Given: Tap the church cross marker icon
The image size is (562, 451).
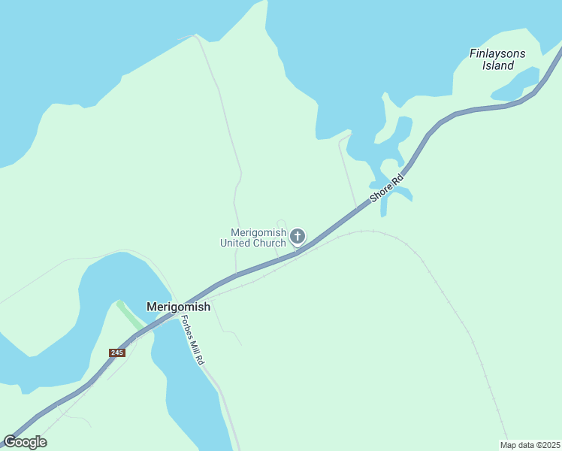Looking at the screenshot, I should click(x=298, y=237).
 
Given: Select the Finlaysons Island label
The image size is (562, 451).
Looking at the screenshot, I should click(x=497, y=59).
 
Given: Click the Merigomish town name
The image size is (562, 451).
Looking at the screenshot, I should click(x=178, y=307).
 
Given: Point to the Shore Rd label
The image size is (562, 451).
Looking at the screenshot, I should click(x=387, y=188).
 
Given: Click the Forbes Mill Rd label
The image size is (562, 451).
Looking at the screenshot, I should click(x=192, y=340).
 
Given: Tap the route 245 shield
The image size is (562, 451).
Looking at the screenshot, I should click(x=116, y=353).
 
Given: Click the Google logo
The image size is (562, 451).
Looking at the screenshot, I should click(x=25, y=442).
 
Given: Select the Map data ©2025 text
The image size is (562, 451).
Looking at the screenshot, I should click(x=530, y=444).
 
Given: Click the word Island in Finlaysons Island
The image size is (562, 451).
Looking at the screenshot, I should click(x=498, y=65).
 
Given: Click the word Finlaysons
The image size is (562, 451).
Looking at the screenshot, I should click(x=497, y=53).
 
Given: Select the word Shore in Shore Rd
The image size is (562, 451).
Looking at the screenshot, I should click(x=382, y=192).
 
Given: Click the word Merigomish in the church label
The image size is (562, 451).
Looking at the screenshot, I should click(x=258, y=232).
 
